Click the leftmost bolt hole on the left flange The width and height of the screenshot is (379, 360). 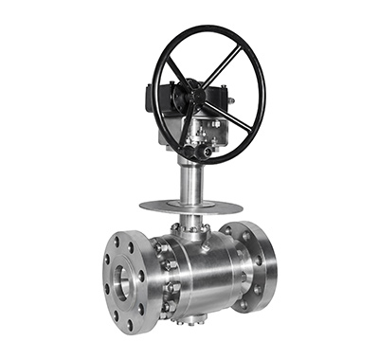pyautogui.click(x=107, y=281)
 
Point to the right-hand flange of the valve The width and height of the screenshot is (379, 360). pyautogui.click(x=253, y=265)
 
